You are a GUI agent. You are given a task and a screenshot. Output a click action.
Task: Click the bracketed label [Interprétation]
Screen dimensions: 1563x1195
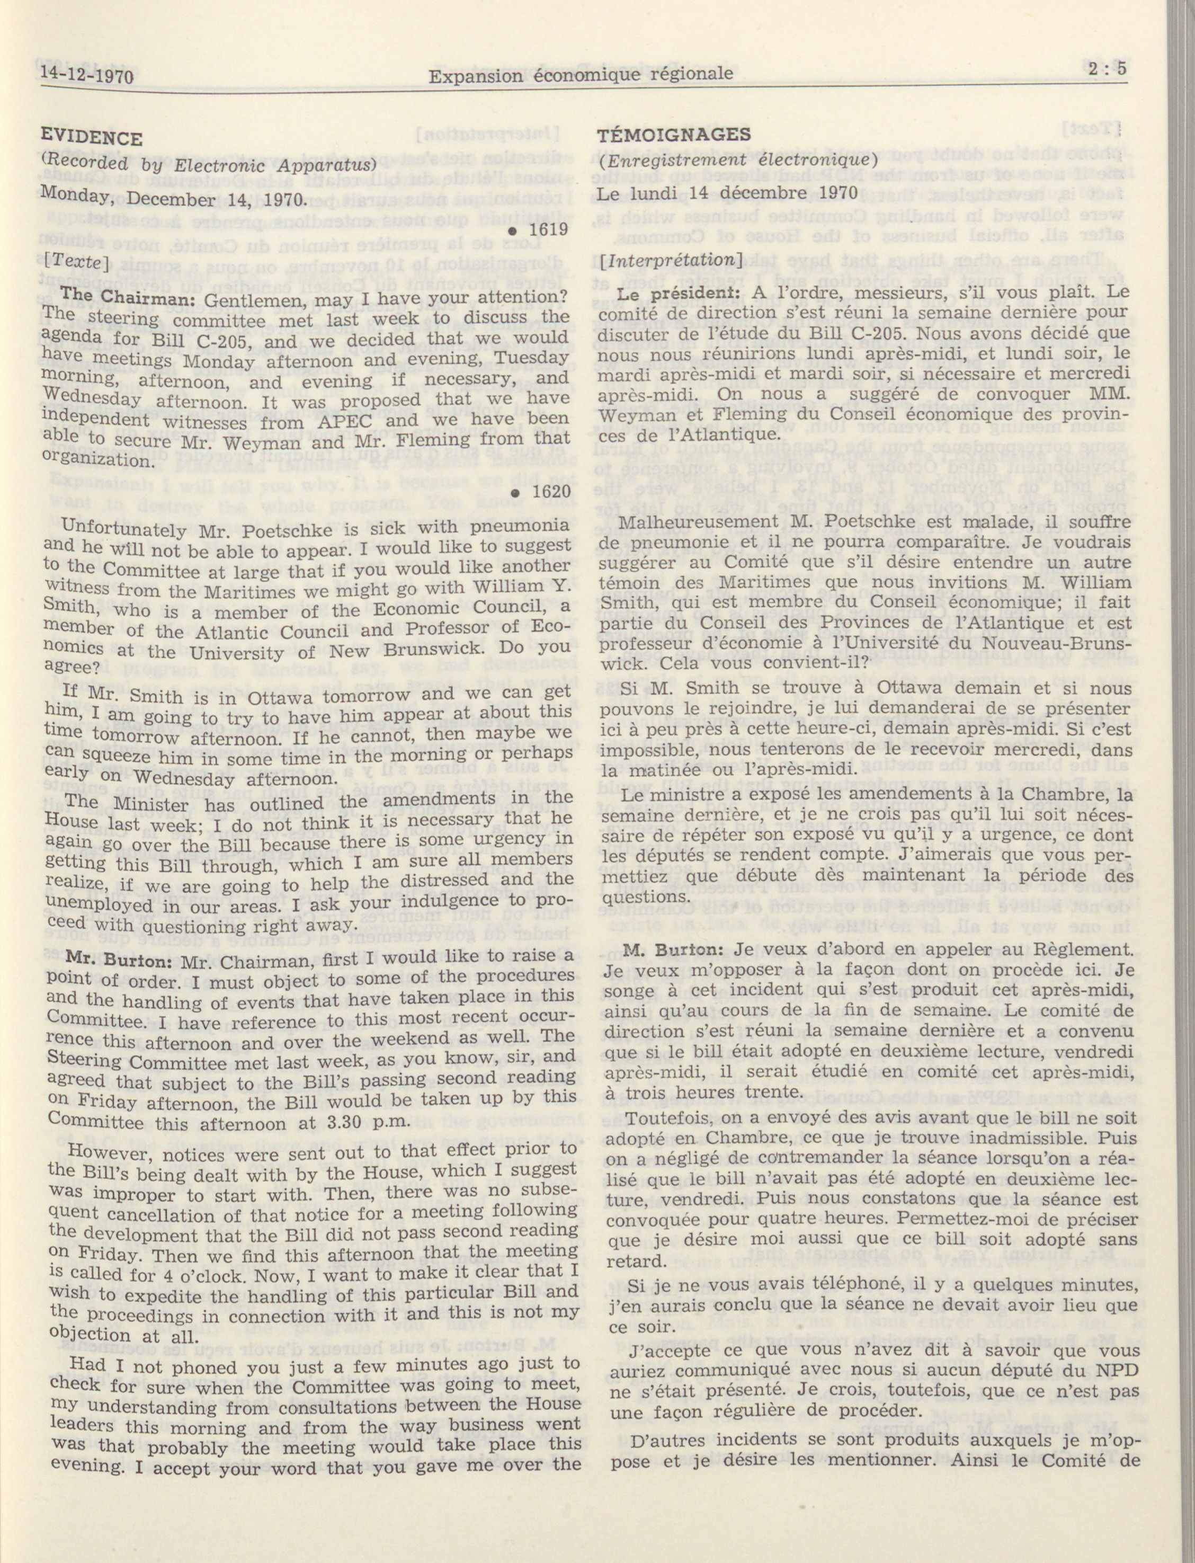670,260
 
